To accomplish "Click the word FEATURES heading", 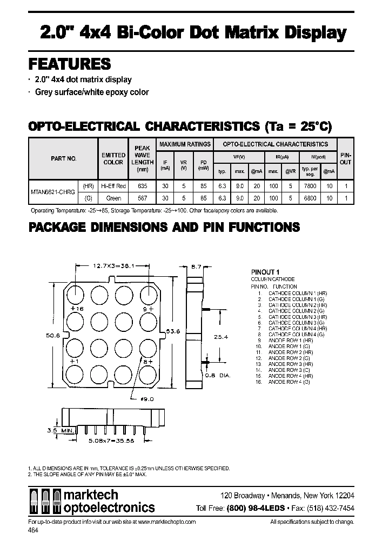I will (69, 64).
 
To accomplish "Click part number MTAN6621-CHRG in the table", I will (53, 192).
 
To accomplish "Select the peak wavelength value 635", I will (142, 186).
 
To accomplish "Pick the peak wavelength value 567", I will (142, 198).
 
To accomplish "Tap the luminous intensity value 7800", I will (310, 186).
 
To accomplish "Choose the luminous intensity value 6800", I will (310, 198).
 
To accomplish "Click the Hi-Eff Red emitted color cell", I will (113, 186).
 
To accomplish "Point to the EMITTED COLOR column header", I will (113, 158).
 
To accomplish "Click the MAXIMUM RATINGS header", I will (184, 144).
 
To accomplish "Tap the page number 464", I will (32, 530).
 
